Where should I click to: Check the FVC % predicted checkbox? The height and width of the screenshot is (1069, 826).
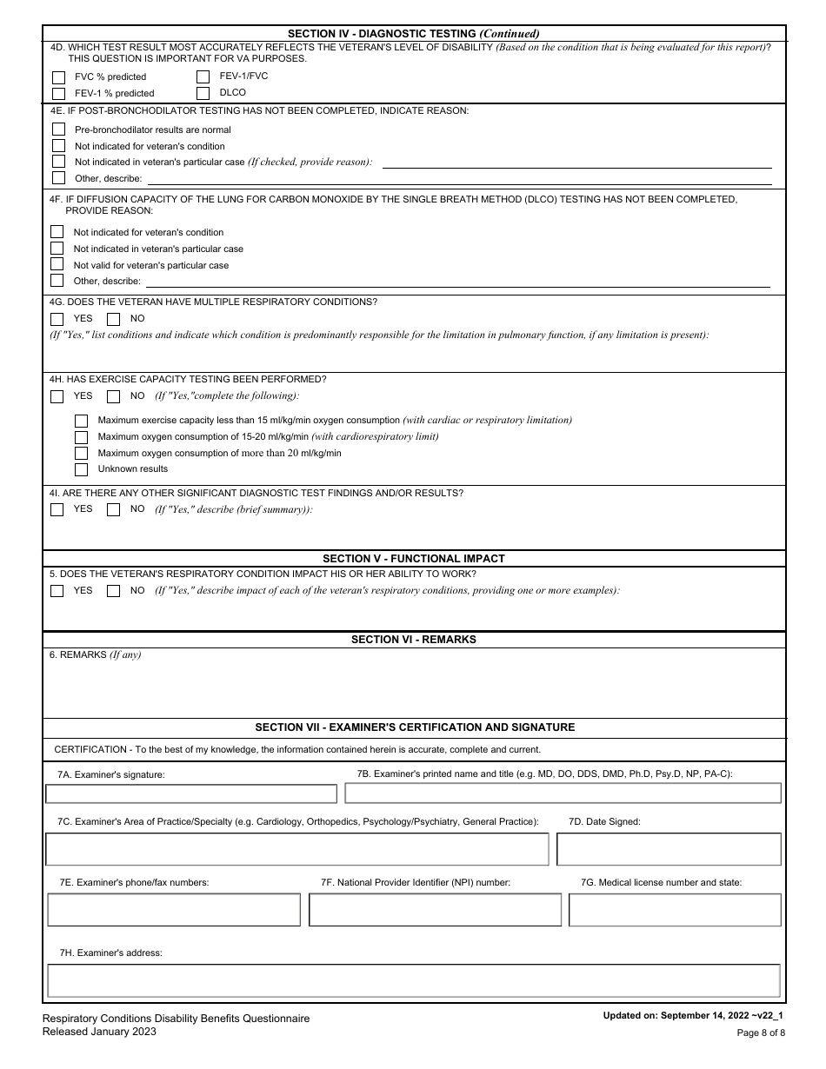pyautogui.click(x=59, y=77)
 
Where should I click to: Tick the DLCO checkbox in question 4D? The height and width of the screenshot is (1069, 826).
pyautogui.click(x=203, y=93)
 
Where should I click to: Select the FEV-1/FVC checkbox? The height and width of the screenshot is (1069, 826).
pyautogui.click(x=203, y=76)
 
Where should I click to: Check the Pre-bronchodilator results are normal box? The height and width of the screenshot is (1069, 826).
pyautogui.click(x=59, y=129)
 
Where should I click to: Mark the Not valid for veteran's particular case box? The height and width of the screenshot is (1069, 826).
pyautogui.click(x=57, y=265)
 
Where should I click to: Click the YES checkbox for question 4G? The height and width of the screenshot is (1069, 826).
pyautogui.click(x=57, y=319)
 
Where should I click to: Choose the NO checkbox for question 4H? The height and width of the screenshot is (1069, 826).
pyautogui.click(x=113, y=396)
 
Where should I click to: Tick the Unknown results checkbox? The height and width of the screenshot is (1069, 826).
pyautogui.click(x=82, y=469)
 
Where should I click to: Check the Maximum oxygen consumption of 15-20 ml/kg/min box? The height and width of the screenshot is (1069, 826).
pyautogui.click(x=82, y=436)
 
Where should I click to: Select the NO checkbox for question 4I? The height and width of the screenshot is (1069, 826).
pyautogui.click(x=113, y=510)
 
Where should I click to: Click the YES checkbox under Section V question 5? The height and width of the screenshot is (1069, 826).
pyautogui.click(x=57, y=591)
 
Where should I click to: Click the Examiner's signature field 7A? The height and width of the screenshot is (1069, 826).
pyautogui.click(x=191, y=793)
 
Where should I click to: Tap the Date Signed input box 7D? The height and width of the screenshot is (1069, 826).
pyautogui.click(x=669, y=849)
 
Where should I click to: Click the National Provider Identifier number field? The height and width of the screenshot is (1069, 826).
pyautogui.click(x=435, y=910)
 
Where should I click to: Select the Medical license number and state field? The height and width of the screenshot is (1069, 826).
pyautogui.click(x=675, y=910)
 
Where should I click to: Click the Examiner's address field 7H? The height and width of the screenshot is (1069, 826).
pyautogui.click(x=414, y=981)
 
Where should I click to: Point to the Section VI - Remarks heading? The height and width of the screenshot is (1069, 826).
pyautogui.click(x=414, y=640)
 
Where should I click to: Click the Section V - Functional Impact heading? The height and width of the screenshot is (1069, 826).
pyautogui.click(x=414, y=559)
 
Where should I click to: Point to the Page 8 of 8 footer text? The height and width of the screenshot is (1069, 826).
pyautogui.click(x=761, y=1032)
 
